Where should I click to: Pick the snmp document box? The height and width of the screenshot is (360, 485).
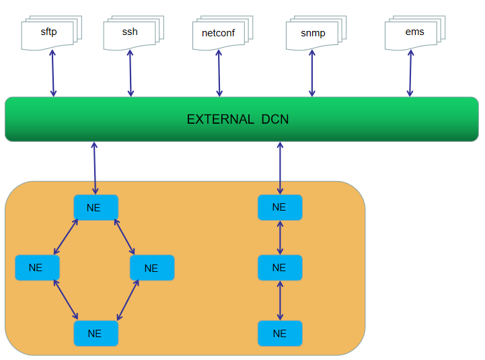point(311,34)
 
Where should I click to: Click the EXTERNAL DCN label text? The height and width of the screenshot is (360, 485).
point(238,120)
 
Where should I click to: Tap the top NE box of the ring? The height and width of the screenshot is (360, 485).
point(96,207)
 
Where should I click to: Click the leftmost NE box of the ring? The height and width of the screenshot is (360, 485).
point(37,268)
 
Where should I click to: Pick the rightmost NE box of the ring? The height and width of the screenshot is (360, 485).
point(152,268)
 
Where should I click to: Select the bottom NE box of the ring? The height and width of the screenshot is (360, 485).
point(96,333)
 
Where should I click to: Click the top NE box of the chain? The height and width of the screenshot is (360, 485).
point(280,207)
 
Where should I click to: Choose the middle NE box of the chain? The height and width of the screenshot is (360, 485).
point(280,268)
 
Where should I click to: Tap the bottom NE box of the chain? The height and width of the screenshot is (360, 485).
point(280,333)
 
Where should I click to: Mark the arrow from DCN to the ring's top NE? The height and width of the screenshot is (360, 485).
point(95,168)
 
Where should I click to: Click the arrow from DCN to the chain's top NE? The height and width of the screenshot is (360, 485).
point(280,168)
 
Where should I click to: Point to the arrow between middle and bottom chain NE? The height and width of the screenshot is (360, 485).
point(280,300)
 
